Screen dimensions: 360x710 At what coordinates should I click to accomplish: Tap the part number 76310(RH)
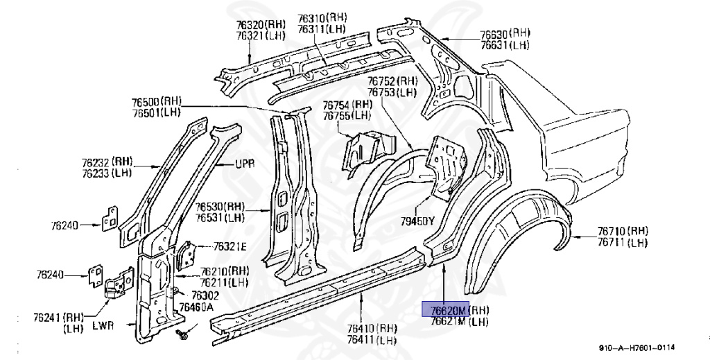click(322, 18)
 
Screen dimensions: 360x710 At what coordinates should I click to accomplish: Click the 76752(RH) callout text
click(392, 80)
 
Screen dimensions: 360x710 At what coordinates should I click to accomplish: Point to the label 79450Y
click(419, 222)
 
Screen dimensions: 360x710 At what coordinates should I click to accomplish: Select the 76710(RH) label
click(623, 230)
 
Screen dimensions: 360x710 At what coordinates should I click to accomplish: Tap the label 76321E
click(228, 246)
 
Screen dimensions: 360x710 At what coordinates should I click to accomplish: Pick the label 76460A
click(196, 307)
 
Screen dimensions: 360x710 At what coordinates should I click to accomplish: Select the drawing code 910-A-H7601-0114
click(637, 348)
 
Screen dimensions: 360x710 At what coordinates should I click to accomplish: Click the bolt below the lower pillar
click(183, 336)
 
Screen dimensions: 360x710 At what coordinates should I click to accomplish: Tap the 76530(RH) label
click(220, 206)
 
